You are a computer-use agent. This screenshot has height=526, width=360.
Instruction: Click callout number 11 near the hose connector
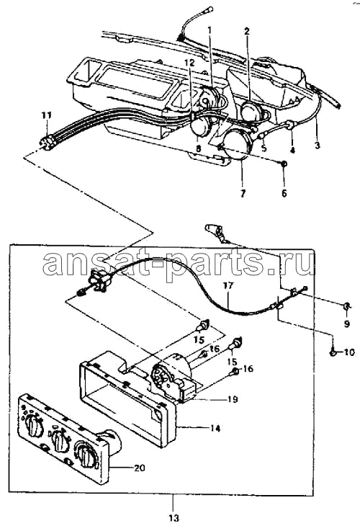47,116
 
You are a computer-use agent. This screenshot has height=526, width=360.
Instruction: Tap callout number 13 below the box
174,517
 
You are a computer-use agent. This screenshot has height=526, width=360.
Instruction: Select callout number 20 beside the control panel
140,468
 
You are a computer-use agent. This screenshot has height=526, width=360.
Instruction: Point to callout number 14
215,428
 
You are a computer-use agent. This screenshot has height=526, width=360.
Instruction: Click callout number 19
233,399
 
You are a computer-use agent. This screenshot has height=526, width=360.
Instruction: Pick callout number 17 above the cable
229,286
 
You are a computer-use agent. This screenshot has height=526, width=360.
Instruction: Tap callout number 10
348,352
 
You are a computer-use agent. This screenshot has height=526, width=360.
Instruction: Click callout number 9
346,324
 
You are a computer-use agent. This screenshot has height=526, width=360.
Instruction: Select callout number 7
243,193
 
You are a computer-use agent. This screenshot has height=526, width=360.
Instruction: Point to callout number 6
284,193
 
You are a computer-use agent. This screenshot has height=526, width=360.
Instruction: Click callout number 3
317,146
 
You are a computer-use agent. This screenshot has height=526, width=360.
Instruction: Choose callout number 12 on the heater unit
189,63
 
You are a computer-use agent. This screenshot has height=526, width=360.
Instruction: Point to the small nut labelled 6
284,164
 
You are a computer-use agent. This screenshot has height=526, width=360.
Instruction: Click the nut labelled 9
346,306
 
